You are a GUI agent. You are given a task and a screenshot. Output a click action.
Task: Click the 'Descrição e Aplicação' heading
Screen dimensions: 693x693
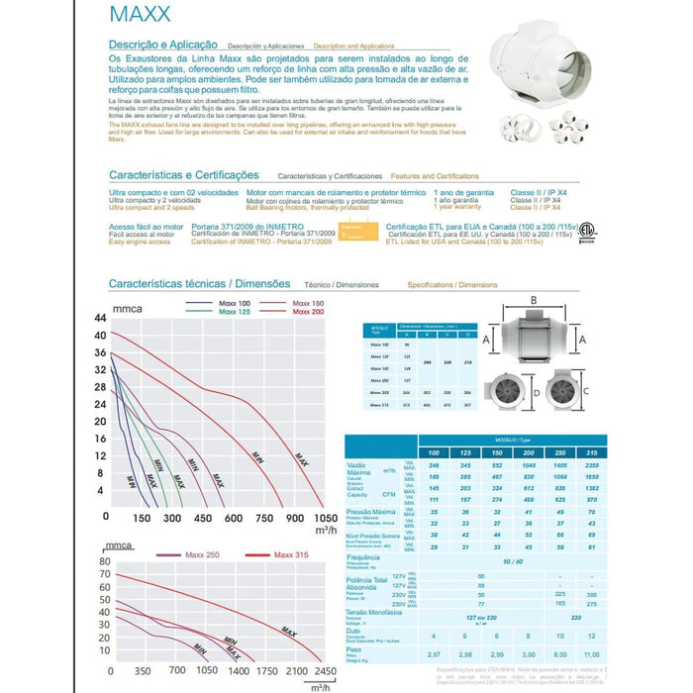point(163,46)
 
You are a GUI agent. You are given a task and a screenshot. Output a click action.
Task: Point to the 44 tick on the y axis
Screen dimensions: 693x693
point(99,319)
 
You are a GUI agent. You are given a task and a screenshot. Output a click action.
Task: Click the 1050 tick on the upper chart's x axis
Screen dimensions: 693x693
point(325,518)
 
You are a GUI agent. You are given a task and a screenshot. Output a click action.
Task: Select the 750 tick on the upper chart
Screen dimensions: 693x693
point(264,518)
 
